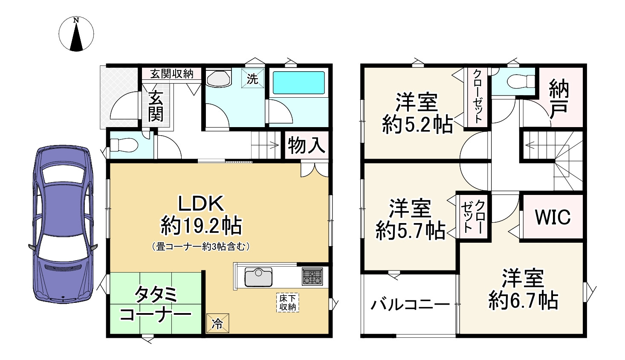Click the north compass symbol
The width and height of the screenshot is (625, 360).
click(76, 35)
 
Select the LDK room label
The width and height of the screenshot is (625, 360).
click(200, 204)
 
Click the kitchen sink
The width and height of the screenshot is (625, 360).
click(258, 277)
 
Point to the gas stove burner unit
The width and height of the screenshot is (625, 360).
click(312, 276)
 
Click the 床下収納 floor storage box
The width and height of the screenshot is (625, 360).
click(288, 302)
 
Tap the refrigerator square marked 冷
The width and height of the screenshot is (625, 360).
click(217, 323)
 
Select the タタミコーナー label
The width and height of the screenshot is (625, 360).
click(155, 305)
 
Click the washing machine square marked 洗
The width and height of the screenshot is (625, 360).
click(253, 78)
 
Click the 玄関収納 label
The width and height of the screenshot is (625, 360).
click(172, 73)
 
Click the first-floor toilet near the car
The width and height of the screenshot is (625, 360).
click(124, 145)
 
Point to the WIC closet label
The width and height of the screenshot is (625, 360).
click(553, 217)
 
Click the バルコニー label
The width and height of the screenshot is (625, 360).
click(410, 304)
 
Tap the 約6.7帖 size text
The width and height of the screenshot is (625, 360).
click(523, 301)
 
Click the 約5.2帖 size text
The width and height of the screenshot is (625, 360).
click(417, 125)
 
